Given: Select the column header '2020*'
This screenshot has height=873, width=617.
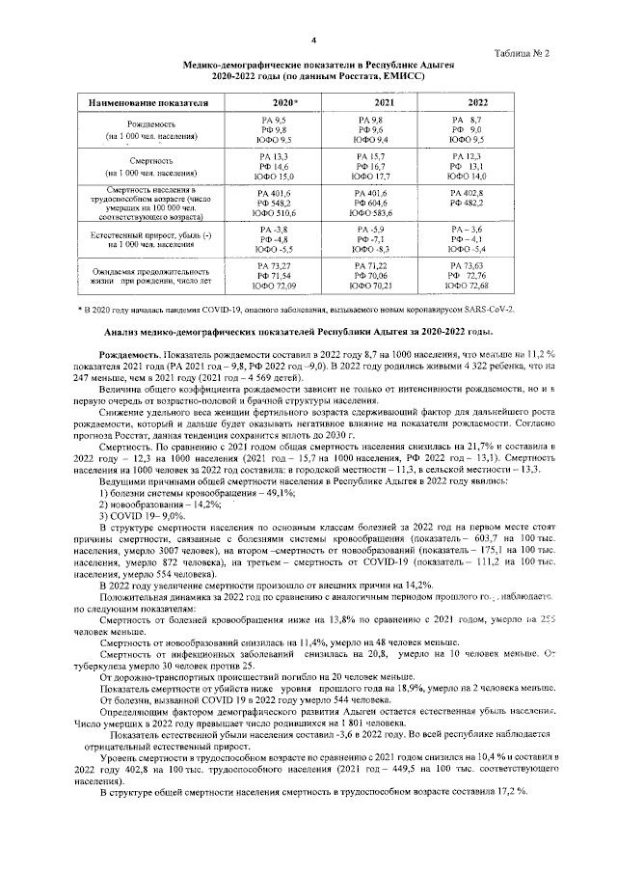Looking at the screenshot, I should pyautogui.click(x=284, y=101).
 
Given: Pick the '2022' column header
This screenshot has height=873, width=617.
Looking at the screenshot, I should pyautogui.click(x=477, y=101).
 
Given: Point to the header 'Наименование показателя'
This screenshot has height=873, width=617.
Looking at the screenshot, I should pyautogui.click(x=148, y=101).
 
